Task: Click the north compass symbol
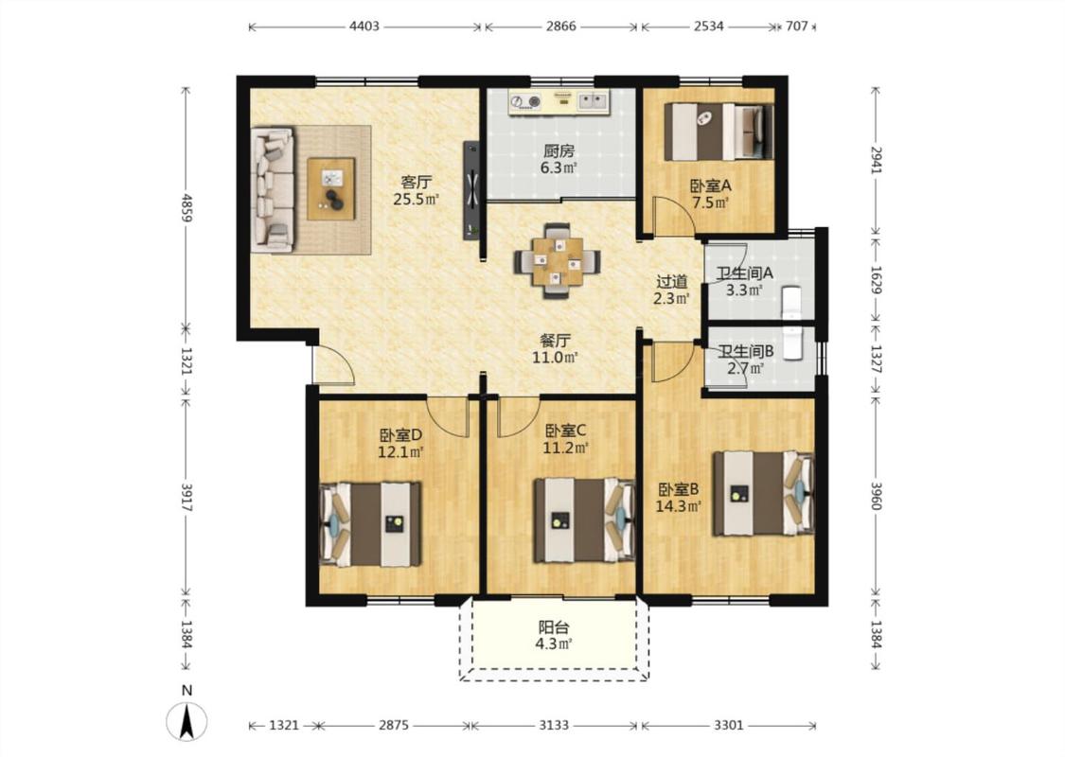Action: coord(186,720)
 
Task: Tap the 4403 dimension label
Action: coord(364,26)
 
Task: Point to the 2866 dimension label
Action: coord(561,26)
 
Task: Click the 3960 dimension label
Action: coord(877,496)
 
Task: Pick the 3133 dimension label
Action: coord(554,725)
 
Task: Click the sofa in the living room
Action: coord(273,189)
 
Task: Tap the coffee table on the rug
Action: coord(331,188)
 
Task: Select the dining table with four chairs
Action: coord(557,261)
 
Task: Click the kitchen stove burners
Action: coord(525,102)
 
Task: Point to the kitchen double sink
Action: coord(593,102)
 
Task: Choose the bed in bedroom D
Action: coord(370,523)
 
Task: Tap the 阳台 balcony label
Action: coord(554,627)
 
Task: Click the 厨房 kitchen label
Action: coord(559,151)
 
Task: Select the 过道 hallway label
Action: coord(672,281)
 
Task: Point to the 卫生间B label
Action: coord(747,352)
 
